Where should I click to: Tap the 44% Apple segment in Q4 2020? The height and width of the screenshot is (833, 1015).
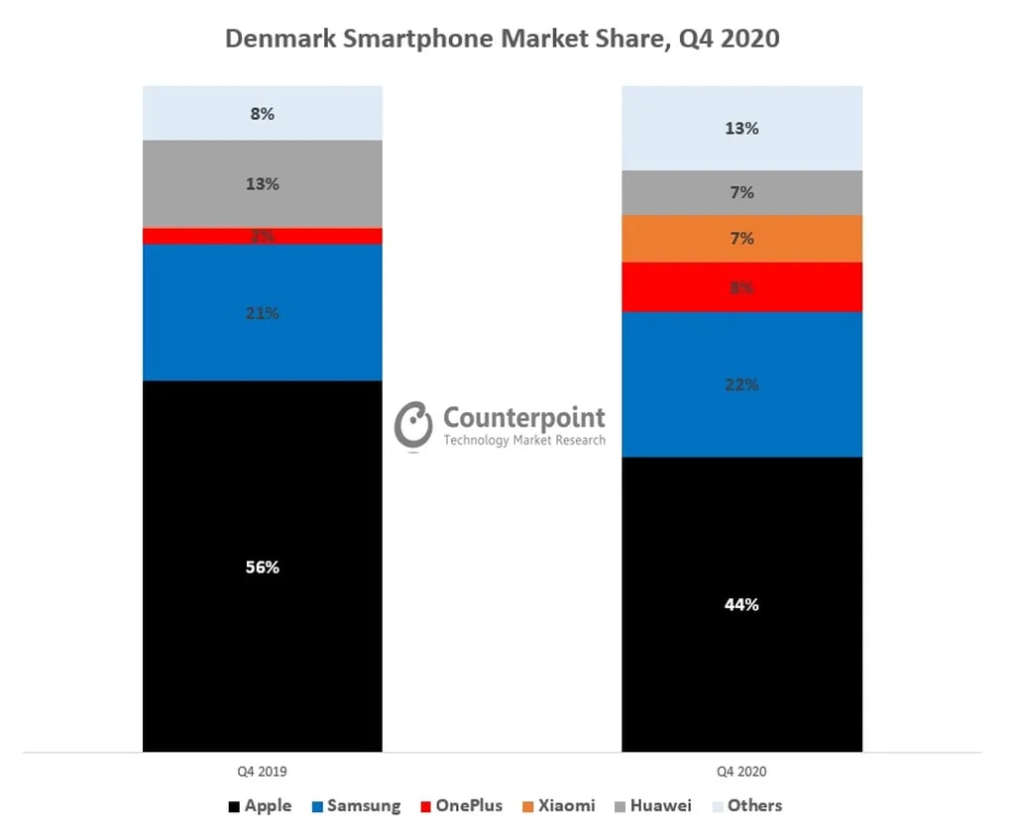point(741,604)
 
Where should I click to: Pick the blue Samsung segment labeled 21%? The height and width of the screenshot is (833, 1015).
point(263,313)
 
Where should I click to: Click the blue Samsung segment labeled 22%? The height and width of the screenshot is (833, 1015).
point(741,384)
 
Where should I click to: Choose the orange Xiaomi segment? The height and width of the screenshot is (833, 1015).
point(741,239)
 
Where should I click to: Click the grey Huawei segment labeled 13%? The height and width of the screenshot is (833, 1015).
point(263,184)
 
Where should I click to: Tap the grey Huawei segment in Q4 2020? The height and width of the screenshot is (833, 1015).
point(741,193)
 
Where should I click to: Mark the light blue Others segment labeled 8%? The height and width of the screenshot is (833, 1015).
point(263,113)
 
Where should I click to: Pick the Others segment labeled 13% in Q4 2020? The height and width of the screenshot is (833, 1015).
point(741,129)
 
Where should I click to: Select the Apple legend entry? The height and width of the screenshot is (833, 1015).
point(260,805)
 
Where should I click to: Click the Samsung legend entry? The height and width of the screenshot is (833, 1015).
point(357,805)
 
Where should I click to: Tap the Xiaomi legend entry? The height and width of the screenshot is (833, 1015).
point(557,805)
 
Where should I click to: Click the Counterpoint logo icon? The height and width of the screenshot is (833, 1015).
point(413,426)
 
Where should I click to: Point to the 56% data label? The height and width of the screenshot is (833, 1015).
point(263,568)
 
